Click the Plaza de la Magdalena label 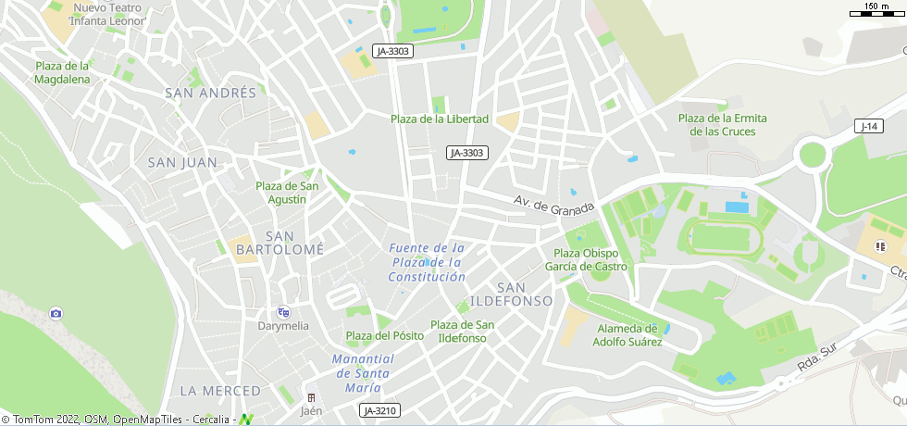[x=62, y=72]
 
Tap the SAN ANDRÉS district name [x=210, y=93]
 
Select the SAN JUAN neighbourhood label [x=182, y=163]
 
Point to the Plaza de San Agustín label [x=287, y=193]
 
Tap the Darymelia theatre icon [x=283, y=312]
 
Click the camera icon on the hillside [x=56, y=314]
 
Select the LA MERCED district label [x=215, y=391]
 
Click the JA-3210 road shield [x=380, y=410]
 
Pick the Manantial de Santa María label [x=363, y=373]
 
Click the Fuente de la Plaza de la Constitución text [x=427, y=262]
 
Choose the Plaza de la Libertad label [x=439, y=119]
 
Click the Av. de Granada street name [x=553, y=205]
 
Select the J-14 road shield [x=867, y=126]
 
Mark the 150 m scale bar [x=877, y=10]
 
